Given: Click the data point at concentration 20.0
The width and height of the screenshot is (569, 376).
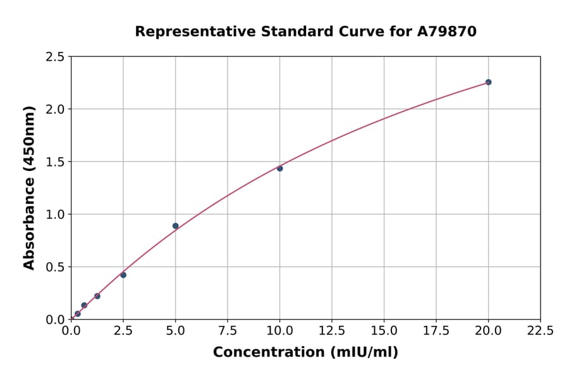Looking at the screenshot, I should (x=488, y=82).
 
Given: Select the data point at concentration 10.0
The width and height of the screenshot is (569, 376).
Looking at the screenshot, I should (x=280, y=168).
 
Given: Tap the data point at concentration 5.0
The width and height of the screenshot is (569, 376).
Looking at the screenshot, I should (x=176, y=226).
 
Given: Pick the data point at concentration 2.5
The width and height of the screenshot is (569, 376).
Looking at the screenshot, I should (x=123, y=275).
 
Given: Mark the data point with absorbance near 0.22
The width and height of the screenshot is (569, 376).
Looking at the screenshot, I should (x=97, y=296).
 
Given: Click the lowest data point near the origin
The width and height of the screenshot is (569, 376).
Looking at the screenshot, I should (x=78, y=314).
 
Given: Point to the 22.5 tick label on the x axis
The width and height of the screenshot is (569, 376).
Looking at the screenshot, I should (x=540, y=330).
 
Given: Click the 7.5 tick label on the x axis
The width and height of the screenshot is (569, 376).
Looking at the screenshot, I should (x=228, y=330).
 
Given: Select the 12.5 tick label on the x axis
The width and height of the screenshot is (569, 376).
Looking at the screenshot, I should (x=332, y=330).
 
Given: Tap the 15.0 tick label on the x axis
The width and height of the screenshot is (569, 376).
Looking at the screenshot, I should (x=384, y=330).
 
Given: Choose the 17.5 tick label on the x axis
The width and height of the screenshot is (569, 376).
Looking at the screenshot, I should (x=436, y=330).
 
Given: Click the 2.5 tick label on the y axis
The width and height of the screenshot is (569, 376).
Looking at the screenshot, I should (x=56, y=57).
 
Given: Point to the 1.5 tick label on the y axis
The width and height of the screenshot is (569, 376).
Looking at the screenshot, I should (x=56, y=162).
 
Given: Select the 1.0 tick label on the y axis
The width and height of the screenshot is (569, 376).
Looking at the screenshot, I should (x=56, y=215).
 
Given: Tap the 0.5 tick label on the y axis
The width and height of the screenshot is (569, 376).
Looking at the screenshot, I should (x=56, y=267).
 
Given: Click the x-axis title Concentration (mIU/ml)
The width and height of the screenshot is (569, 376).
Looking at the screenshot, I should (x=305, y=353).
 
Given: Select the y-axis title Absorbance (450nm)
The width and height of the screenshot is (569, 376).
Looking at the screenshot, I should (x=29, y=187).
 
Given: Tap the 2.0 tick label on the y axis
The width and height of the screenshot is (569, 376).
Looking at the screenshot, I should (x=56, y=110).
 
